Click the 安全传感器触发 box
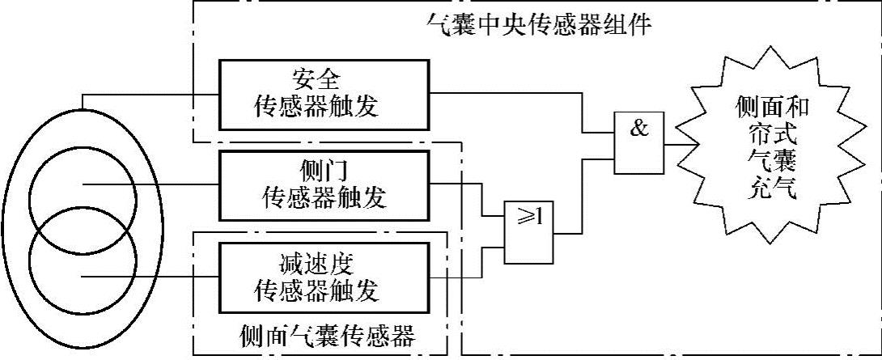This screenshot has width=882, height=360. click(324, 94)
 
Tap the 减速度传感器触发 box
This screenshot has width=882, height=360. click(324, 277)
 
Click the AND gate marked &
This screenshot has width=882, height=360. click(638, 142)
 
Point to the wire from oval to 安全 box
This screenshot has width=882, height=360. click(150, 94)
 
